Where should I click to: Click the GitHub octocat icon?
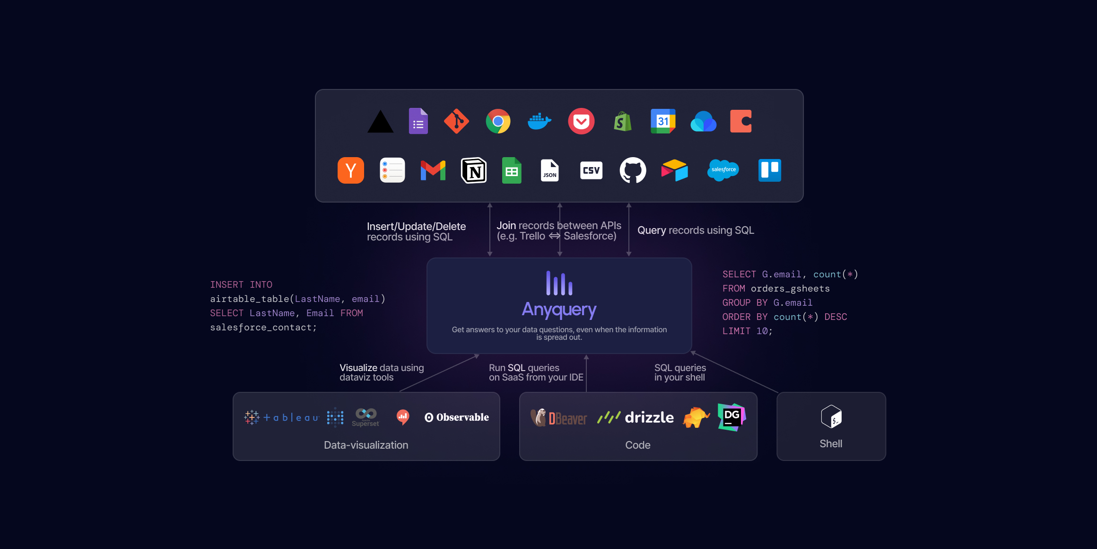tap(633, 170)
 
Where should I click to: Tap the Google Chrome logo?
tap(498, 122)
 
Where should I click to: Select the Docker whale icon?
tap(540, 122)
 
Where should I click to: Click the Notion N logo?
tap(474, 170)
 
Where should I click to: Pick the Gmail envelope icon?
tap(433, 170)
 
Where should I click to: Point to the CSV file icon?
tap(591, 170)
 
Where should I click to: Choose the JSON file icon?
tap(549, 170)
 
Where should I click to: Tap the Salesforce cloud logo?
tap(723, 170)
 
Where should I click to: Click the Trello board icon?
tap(770, 170)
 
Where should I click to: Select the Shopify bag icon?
tap(623, 122)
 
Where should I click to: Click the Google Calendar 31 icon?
tap(663, 122)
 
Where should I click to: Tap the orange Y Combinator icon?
tap(351, 170)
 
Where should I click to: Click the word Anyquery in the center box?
tap(559, 310)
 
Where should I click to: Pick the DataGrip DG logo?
tap(731, 417)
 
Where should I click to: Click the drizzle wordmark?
tap(649, 417)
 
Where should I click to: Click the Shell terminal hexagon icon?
tap(831, 416)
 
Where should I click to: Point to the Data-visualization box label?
tap(366, 445)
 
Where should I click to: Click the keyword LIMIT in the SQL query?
tap(736, 331)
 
